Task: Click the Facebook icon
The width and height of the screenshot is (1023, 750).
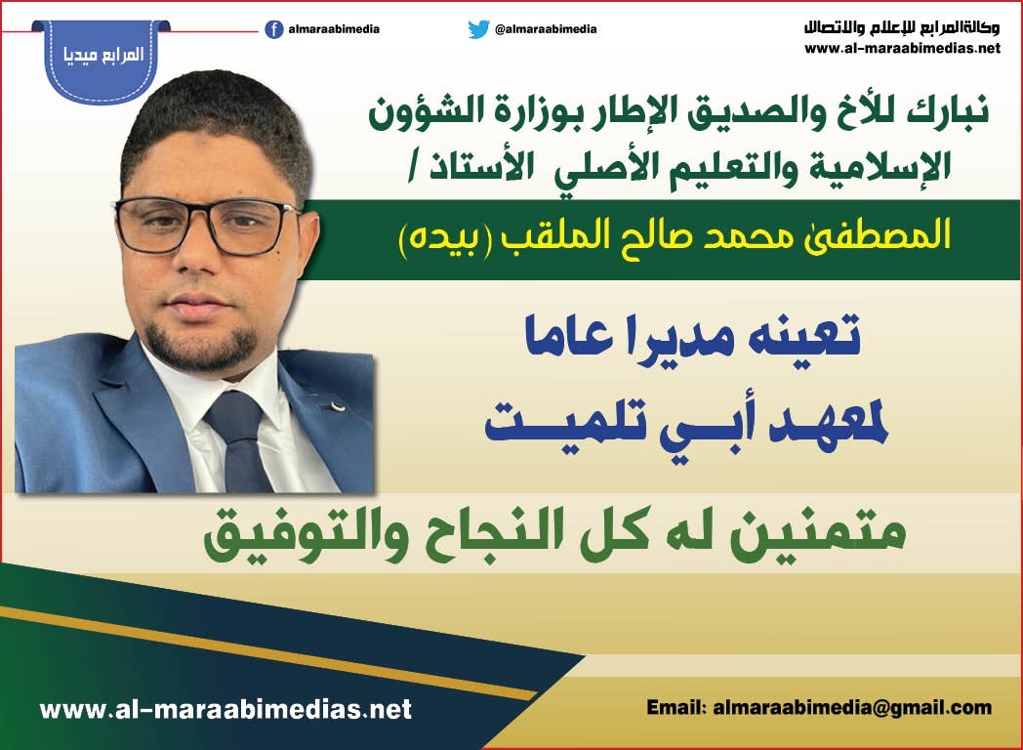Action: tap(274, 29)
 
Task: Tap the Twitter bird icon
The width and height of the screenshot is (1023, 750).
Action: tap(478, 29)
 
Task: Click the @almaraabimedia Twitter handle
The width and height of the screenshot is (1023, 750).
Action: tap(546, 29)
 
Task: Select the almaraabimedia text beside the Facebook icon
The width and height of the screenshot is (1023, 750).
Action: tap(334, 29)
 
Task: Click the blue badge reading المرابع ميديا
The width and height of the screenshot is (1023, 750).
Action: tap(102, 60)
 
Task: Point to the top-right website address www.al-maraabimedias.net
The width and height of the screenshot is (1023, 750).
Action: tap(902, 48)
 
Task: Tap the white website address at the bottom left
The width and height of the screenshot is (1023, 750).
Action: tap(225, 709)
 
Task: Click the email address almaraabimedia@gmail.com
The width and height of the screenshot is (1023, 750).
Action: tap(852, 708)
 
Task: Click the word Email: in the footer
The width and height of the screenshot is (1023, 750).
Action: tap(676, 708)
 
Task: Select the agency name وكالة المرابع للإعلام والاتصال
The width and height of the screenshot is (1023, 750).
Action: tap(902, 28)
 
